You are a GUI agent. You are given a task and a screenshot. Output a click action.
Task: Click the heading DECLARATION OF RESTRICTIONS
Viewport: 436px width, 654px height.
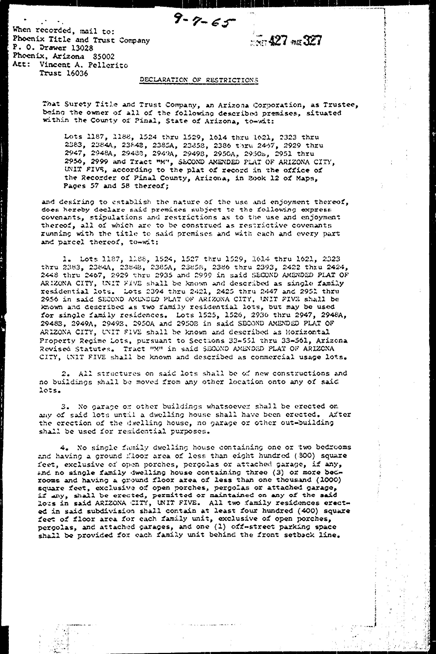coord(199,80)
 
